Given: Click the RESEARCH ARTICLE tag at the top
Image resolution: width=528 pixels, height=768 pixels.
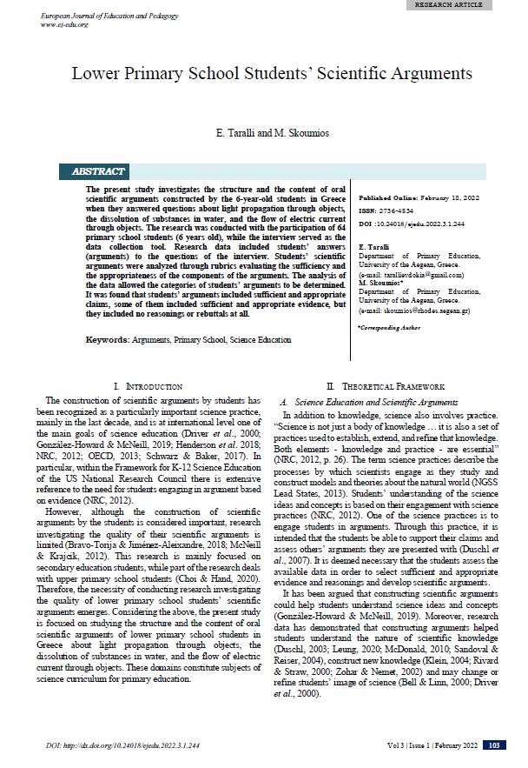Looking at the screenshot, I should [474, 4].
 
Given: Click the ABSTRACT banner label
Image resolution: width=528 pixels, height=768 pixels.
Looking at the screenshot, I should [103, 171].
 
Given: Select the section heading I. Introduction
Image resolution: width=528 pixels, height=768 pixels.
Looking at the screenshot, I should [148, 385].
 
